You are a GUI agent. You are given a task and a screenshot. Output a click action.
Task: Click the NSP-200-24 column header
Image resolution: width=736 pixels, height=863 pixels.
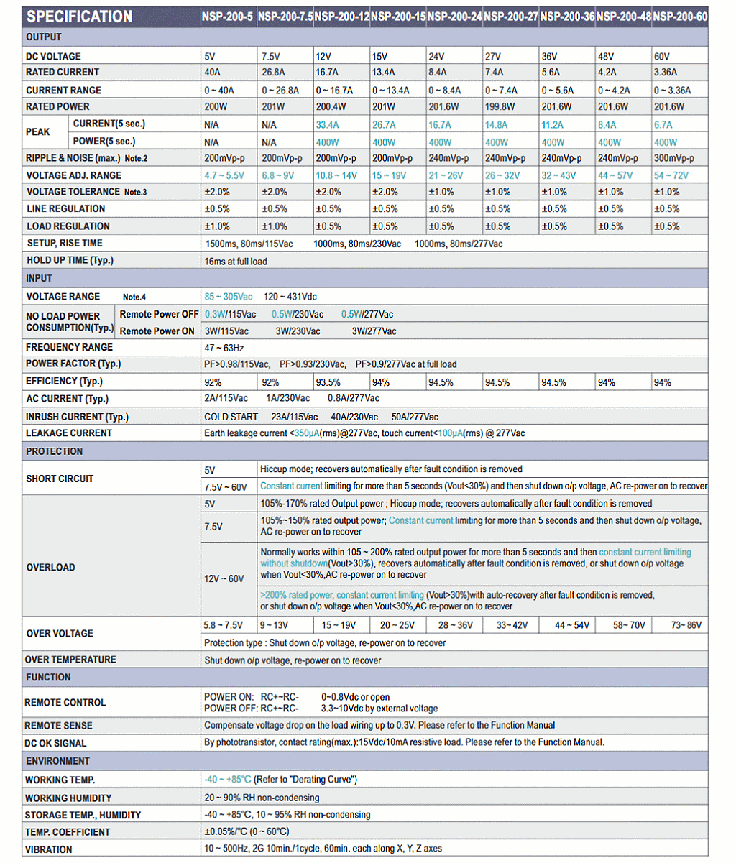(454, 17)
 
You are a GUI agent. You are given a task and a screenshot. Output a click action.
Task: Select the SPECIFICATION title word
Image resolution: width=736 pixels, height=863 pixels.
(79, 17)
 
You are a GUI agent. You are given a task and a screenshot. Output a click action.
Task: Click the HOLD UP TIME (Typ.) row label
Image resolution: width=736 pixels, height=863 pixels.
(70, 261)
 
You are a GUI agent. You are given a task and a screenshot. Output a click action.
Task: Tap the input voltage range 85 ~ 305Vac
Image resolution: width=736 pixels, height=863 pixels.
(229, 297)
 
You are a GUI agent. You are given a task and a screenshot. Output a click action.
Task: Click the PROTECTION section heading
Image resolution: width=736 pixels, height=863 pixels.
(54, 452)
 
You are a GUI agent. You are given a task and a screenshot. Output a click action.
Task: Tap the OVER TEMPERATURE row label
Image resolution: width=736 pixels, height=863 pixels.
(70, 660)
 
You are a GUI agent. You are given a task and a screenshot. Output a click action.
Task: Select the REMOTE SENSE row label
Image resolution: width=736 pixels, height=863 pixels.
(58, 726)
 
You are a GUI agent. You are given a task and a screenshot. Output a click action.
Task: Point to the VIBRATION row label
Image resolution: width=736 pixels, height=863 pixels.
(49, 849)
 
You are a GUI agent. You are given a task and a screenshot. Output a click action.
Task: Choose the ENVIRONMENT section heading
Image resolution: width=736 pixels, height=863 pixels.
(57, 761)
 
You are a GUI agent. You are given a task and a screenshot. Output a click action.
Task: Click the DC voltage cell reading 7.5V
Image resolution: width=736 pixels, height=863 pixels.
(271, 57)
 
